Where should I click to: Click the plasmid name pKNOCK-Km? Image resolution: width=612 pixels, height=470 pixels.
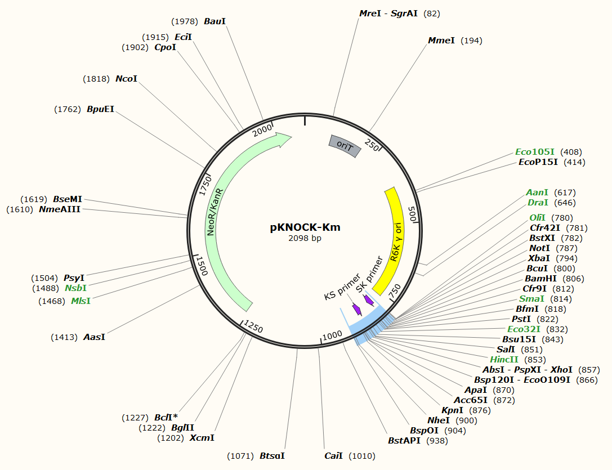click(x=305, y=227)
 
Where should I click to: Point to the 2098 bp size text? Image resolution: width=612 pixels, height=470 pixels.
click(x=305, y=238)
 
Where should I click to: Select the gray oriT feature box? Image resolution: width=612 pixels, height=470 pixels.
click(x=343, y=146)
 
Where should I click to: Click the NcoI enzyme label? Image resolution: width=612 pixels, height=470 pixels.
click(x=126, y=79)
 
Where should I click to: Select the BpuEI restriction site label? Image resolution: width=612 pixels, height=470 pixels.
click(x=100, y=109)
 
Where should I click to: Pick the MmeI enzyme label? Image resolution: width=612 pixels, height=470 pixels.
click(x=441, y=41)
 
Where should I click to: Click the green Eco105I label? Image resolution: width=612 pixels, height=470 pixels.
click(x=535, y=152)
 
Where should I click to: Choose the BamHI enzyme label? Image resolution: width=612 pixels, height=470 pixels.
click(x=540, y=279)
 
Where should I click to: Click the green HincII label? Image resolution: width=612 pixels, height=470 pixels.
click(x=504, y=360)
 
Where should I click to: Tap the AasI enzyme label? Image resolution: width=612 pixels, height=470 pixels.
click(x=94, y=337)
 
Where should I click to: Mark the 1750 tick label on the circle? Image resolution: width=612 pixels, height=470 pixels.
click(x=205, y=185)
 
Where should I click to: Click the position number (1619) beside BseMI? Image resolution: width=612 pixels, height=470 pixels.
click(x=34, y=199)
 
